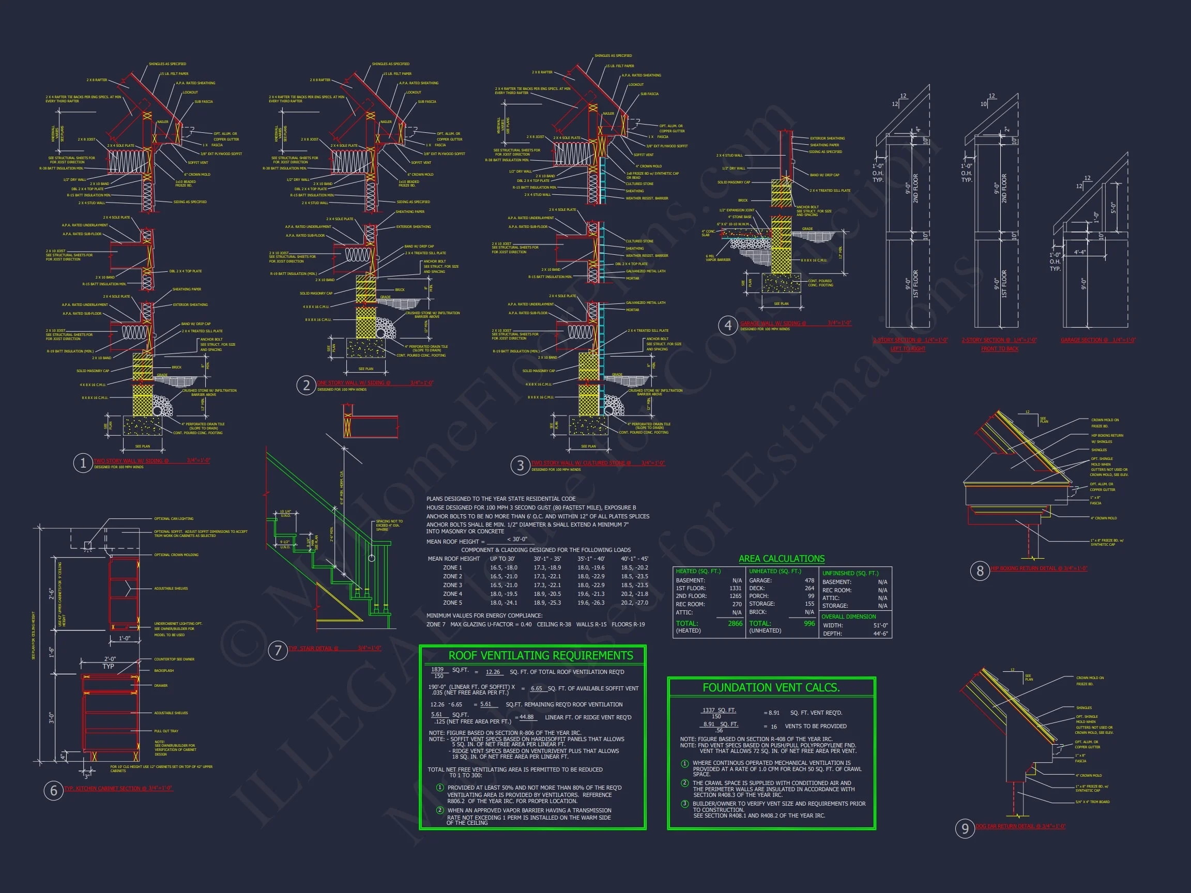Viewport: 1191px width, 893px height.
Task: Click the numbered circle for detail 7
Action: [x=278, y=650]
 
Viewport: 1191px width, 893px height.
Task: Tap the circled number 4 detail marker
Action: [x=728, y=325]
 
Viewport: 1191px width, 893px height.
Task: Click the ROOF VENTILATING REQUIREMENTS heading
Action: [x=541, y=655]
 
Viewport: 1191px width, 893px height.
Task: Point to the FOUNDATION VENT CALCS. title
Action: [x=771, y=687]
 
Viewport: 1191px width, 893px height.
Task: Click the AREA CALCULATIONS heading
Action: [x=781, y=559]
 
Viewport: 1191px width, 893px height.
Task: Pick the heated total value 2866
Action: [x=735, y=623]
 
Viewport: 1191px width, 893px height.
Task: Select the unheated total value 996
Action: [x=810, y=623]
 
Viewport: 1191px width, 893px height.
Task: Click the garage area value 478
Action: [x=810, y=580]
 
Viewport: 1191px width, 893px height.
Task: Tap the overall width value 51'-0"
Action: [x=880, y=625]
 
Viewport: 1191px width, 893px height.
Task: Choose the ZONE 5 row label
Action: [x=452, y=603]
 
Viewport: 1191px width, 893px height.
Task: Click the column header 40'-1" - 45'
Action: [x=634, y=559]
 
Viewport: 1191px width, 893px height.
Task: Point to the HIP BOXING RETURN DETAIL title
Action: [x=1039, y=568]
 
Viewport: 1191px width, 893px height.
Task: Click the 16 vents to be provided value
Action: [x=774, y=727]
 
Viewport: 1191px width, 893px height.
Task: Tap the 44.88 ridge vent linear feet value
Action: [x=526, y=717]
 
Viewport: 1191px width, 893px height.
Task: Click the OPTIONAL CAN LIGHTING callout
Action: [x=173, y=519]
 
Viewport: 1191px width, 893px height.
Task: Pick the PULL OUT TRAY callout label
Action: [x=166, y=731]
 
